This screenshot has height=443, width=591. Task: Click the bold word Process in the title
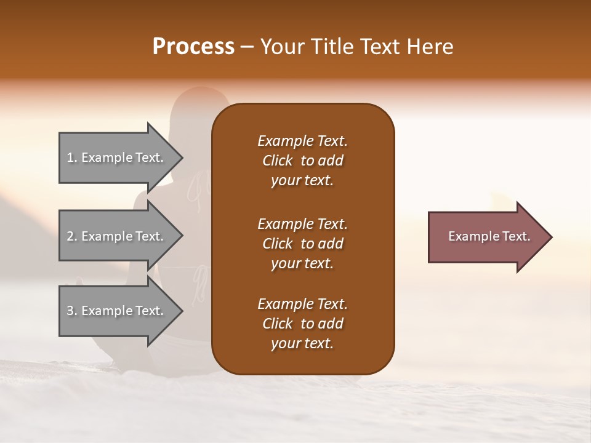tap(193, 47)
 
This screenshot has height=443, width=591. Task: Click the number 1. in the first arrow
tap(72, 158)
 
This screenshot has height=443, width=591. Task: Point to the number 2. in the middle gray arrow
tap(72, 236)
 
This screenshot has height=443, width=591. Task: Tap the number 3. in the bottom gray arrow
tap(72, 311)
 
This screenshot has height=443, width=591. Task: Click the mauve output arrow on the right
tap(486, 236)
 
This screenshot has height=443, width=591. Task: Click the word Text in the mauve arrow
tap(517, 236)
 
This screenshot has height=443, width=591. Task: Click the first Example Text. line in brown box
tap(302, 141)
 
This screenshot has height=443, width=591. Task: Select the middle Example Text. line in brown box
tap(302, 224)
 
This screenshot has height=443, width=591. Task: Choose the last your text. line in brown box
tap(302, 343)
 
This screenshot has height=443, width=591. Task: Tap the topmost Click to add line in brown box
tap(302, 161)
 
